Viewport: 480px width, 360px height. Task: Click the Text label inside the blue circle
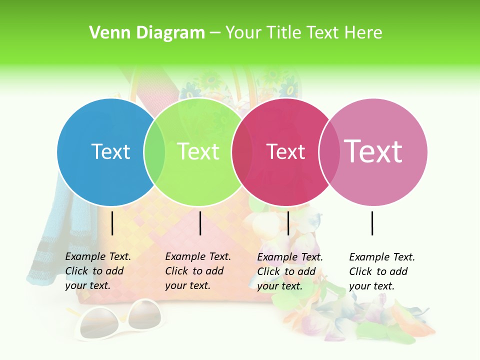(x=110, y=151)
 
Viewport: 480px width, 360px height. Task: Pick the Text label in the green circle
(x=198, y=151)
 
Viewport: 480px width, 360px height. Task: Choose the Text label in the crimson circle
(x=285, y=151)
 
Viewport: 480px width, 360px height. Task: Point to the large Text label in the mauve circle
(x=373, y=151)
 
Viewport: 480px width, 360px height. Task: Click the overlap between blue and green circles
(x=155, y=152)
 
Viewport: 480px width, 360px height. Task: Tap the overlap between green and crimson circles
(x=242, y=152)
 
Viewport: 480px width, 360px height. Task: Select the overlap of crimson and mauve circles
(x=329, y=152)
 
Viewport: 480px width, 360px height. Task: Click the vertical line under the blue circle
(x=112, y=223)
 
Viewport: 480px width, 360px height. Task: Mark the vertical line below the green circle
(x=200, y=223)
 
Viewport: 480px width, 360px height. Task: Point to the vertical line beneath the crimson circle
(x=288, y=223)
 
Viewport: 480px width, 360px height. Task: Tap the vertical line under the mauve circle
(x=372, y=223)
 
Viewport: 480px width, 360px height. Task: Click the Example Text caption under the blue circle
(x=97, y=271)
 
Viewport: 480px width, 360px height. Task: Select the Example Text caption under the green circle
(x=197, y=271)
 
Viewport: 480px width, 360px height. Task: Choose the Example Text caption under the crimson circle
(x=289, y=271)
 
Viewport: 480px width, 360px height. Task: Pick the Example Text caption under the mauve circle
(x=381, y=271)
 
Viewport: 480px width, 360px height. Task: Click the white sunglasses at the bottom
(x=120, y=320)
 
